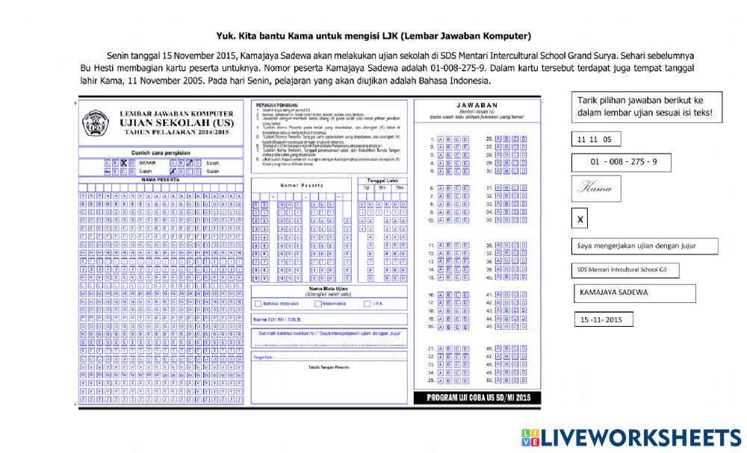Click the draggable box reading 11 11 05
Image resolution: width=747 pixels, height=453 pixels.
[595, 139]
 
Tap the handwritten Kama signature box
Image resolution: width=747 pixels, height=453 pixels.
[596, 188]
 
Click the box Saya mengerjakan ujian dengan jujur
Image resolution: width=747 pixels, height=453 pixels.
[645, 246]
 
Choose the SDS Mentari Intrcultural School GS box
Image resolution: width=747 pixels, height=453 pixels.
[625, 270]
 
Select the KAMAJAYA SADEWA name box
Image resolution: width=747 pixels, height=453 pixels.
[634, 293]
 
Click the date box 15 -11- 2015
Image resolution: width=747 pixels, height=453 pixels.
[604, 319]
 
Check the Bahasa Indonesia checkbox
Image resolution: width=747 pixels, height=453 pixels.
[258, 304]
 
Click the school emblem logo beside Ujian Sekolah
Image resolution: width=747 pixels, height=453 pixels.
[96, 122]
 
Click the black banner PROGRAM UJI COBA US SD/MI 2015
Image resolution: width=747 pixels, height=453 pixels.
[477, 398]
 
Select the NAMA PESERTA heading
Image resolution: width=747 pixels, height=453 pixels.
[161, 180]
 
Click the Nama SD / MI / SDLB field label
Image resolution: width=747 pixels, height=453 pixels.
[276, 319]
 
